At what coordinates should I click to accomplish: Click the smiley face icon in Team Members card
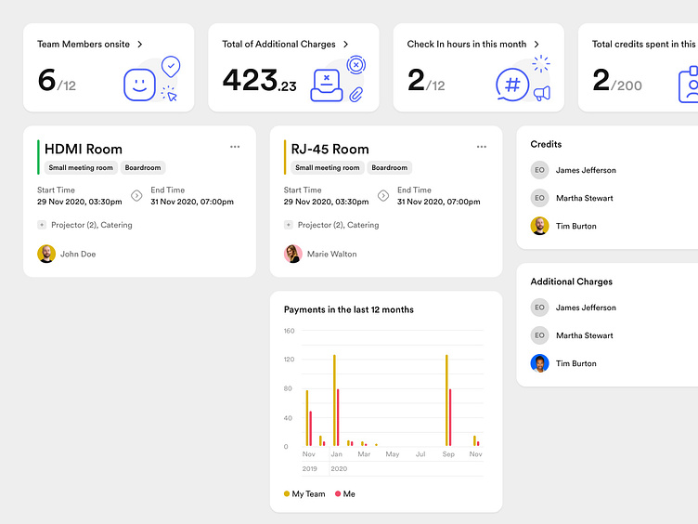[x=139, y=85]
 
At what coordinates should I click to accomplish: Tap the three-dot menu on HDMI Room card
[x=235, y=147]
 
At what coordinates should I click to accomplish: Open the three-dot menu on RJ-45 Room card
[x=482, y=147]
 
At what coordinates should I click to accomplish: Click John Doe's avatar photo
[x=46, y=254]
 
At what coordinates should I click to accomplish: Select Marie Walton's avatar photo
[x=292, y=254]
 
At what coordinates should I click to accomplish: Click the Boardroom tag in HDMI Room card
[x=143, y=168]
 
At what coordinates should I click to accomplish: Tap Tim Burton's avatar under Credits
[x=539, y=226]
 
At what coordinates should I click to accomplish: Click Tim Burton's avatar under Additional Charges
[x=539, y=363]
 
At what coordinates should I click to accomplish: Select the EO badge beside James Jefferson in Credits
[x=539, y=170]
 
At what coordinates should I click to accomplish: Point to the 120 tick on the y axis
[x=289, y=360]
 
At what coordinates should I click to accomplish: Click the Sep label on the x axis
[x=448, y=454]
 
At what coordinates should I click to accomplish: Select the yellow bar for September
[x=446, y=400]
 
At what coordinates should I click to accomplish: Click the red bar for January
[x=338, y=418]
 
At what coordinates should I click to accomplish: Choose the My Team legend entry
[x=304, y=494]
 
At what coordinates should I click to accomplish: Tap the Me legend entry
[x=344, y=494]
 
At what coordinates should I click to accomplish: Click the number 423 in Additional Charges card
[x=250, y=81]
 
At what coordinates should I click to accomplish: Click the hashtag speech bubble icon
[x=512, y=85]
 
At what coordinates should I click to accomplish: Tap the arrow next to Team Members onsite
[x=140, y=44]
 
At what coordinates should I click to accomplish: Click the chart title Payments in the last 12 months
[x=349, y=309]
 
